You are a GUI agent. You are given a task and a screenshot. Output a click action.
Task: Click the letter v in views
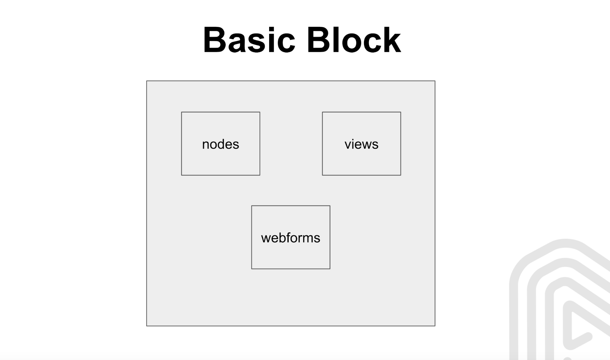coord(348,145)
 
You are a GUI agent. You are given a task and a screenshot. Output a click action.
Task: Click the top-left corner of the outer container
coord(147,81)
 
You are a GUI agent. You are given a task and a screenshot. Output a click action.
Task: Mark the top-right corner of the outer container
coord(435,81)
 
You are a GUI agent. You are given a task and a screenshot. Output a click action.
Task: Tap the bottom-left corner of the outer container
coord(147,326)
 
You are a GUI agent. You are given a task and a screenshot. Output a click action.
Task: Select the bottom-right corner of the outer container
coord(435,326)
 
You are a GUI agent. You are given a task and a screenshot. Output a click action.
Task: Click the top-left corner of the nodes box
coord(182,112)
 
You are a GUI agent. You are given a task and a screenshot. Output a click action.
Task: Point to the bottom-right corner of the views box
coord(401,175)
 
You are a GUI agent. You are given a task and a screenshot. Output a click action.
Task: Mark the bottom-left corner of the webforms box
coord(252,269)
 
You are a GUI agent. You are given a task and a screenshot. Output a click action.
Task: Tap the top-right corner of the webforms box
coord(330,206)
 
